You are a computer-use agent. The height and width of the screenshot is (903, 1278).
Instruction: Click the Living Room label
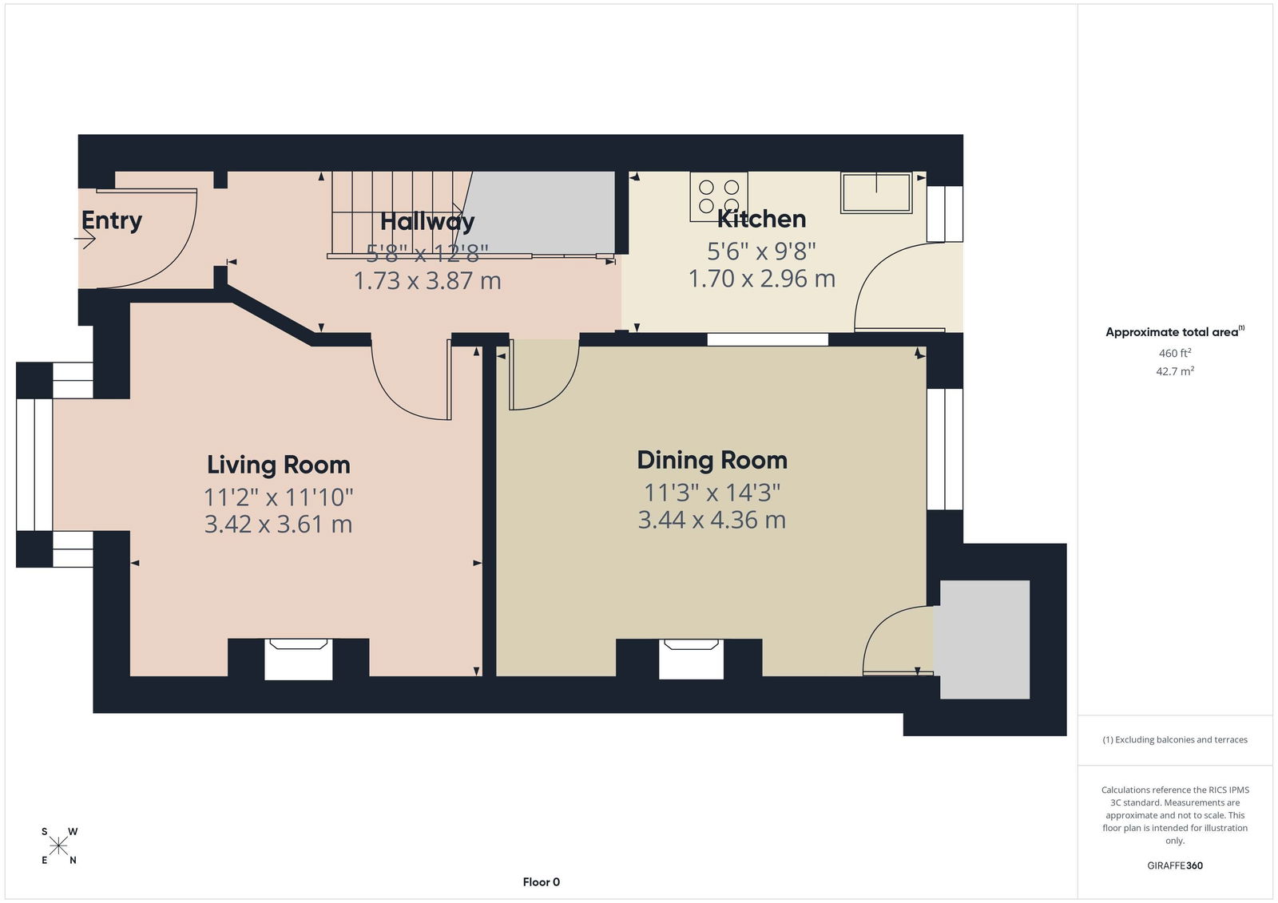tap(279, 465)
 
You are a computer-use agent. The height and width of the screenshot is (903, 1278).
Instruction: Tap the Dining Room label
tap(712, 461)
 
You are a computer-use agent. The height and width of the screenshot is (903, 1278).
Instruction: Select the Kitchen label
tap(761, 219)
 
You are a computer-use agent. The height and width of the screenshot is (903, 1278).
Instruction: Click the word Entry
tap(112, 221)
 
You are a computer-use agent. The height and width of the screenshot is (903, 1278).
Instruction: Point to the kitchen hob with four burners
tap(719, 196)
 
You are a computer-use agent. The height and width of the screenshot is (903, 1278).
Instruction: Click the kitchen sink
tap(876, 192)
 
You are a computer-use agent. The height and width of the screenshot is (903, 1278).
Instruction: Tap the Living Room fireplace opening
tap(299, 659)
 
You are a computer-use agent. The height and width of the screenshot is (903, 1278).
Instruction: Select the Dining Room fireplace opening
tap(691, 659)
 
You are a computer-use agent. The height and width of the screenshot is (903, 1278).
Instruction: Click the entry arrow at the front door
tap(85, 239)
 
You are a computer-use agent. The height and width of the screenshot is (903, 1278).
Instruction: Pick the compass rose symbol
tap(58, 846)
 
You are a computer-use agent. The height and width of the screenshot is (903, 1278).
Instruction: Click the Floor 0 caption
tap(542, 882)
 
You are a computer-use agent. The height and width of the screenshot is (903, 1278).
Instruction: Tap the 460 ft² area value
tap(1174, 353)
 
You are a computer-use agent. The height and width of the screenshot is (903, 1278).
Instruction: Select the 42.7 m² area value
tap(1175, 371)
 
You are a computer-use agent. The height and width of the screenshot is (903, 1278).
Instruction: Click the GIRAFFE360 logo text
tap(1175, 865)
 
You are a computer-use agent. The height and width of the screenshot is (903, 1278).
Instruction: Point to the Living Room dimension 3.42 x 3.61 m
tap(279, 525)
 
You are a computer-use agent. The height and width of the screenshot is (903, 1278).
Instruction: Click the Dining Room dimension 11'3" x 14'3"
tap(712, 493)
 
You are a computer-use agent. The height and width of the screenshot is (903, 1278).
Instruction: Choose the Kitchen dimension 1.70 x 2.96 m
tap(762, 279)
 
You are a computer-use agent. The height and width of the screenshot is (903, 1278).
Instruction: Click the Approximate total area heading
tap(1175, 331)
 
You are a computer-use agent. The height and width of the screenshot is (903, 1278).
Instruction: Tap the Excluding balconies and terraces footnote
tap(1175, 740)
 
